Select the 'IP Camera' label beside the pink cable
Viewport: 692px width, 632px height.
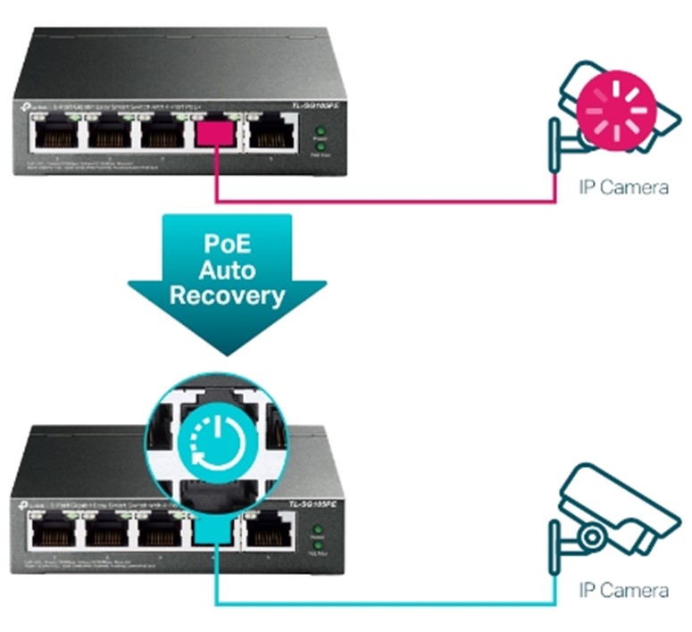coord(623,188)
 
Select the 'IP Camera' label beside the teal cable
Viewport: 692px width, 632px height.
coord(623,591)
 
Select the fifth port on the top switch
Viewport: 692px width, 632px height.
coord(271,135)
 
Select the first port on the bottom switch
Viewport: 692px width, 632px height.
coord(51,532)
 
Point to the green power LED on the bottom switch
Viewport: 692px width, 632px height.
coord(315,529)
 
